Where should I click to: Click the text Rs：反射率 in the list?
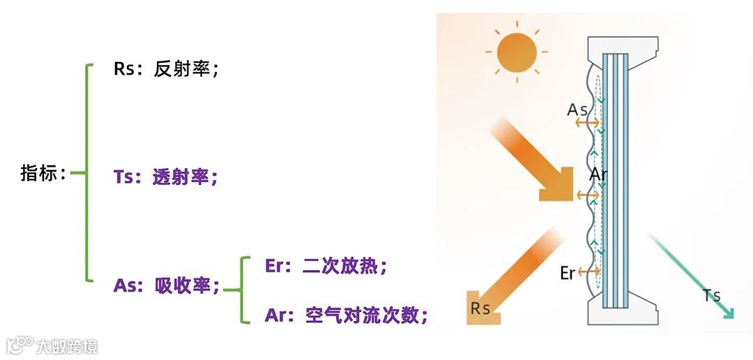pos(166,70)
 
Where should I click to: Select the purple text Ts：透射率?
pos(166,177)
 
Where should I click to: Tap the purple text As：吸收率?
pos(166,285)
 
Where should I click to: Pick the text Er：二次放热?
pos(326,266)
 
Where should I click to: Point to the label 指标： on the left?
pos(43,174)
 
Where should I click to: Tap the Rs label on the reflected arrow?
pos(480,308)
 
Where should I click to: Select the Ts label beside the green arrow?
pos(711,295)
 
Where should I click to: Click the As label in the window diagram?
pos(577,110)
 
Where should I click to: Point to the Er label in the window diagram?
pos(568,273)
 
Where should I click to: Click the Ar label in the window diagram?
pos(598,174)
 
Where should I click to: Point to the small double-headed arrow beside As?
pos(588,123)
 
